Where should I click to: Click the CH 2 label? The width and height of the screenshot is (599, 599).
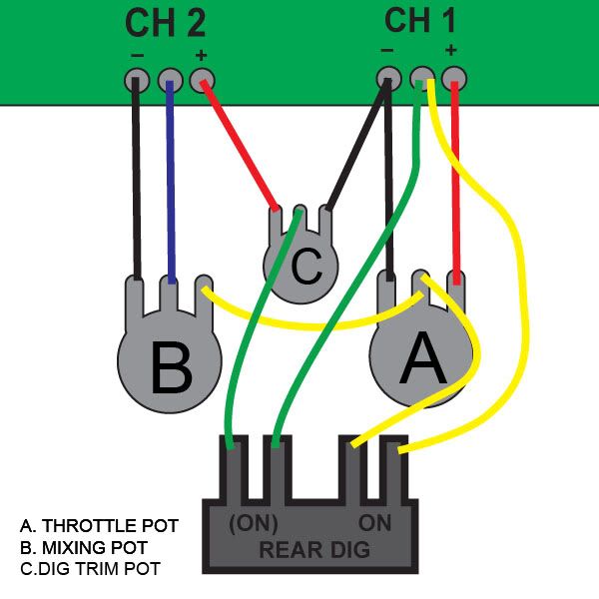(x=167, y=23)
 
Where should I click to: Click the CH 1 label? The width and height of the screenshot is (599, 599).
(x=420, y=20)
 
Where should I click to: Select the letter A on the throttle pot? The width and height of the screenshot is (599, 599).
(x=421, y=359)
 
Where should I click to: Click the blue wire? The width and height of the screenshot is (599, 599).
(x=171, y=180)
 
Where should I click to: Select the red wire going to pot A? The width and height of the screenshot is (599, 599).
(x=455, y=180)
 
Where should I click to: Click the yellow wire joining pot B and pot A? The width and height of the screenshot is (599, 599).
(x=299, y=324)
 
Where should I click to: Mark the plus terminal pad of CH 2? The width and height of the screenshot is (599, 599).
(x=203, y=79)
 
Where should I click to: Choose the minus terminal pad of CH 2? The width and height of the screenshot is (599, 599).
(x=137, y=79)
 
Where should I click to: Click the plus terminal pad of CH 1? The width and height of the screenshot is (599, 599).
(x=454, y=77)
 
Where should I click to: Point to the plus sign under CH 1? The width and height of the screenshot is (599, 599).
(x=451, y=50)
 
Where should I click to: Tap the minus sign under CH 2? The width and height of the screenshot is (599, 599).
(x=137, y=54)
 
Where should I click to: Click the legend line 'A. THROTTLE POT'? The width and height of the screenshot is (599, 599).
(x=99, y=525)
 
